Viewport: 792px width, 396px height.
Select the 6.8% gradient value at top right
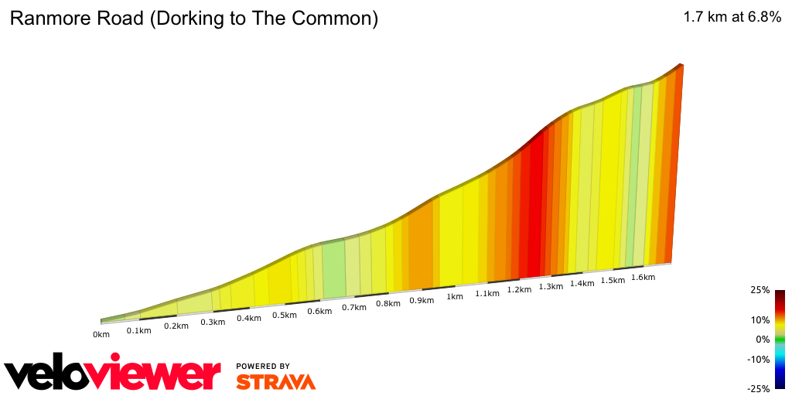point(761,18)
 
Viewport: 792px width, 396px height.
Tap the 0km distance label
point(101,335)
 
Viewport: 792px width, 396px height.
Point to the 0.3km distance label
point(213,322)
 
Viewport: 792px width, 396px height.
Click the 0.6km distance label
point(319,311)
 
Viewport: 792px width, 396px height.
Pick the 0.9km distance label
point(422,300)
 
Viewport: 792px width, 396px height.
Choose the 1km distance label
point(455,297)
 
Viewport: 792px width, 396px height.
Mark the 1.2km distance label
point(519,290)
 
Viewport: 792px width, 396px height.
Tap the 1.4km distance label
point(582,283)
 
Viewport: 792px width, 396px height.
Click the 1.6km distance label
point(643,277)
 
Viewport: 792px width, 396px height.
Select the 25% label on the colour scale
point(760,290)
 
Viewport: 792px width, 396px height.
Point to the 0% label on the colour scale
point(763,340)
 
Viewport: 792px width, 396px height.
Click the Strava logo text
point(275,382)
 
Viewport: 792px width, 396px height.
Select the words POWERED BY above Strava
point(263,366)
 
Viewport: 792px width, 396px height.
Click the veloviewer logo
point(112,374)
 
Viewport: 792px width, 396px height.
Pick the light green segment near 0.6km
point(333,269)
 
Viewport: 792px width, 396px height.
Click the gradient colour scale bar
point(780,339)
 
